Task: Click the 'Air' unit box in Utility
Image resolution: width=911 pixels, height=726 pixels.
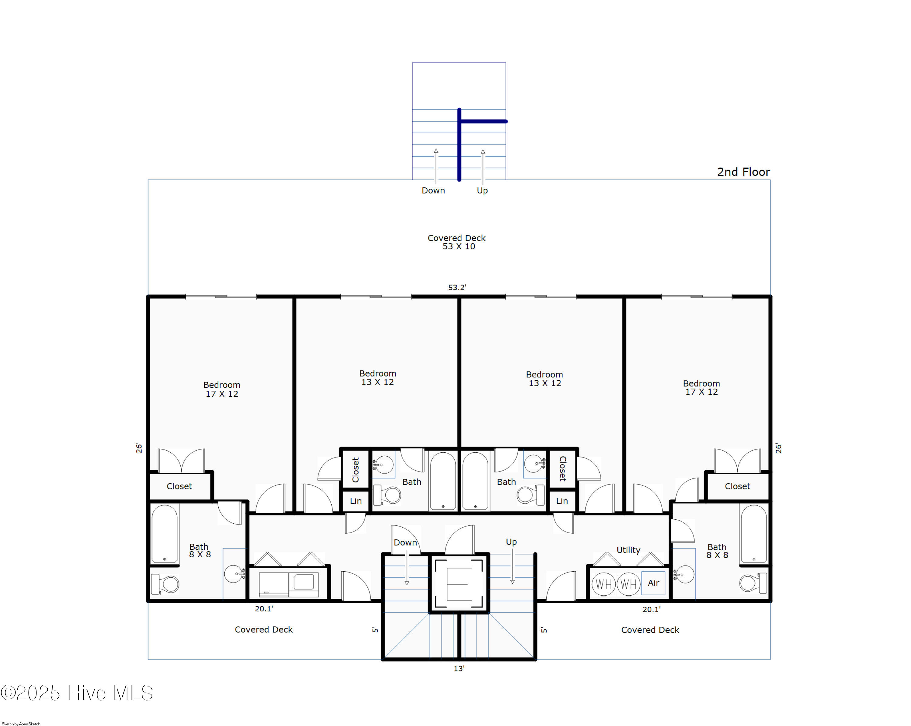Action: (653, 583)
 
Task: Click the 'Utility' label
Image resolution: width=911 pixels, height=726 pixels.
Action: (628, 550)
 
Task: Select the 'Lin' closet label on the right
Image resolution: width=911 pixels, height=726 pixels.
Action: (561, 501)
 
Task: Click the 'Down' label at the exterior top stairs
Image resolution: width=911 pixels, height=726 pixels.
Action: (433, 190)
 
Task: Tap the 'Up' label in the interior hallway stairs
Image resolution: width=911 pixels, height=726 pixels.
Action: (511, 542)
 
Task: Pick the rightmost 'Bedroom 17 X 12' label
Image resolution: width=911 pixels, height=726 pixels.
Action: (701, 387)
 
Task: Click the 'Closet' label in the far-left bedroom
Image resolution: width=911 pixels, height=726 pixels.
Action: (179, 486)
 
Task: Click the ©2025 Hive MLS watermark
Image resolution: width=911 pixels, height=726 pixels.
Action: (77, 693)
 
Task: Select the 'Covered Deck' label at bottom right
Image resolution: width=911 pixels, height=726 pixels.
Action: (650, 630)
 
